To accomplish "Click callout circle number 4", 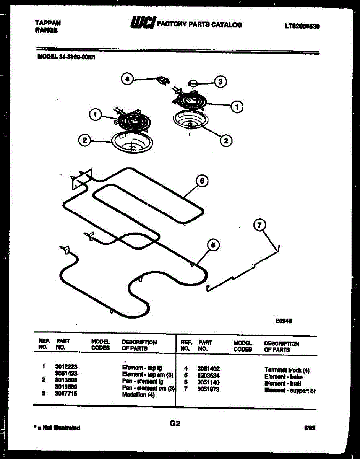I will (128, 79).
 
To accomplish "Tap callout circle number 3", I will (220, 81).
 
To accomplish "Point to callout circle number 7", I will (260, 226).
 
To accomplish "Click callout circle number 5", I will (213, 245).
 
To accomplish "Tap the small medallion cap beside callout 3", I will (193, 83).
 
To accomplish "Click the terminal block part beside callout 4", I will (163, 81).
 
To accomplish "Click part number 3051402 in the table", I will (209, 369).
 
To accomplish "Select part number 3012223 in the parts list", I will (66, 366).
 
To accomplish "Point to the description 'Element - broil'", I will (282, 384).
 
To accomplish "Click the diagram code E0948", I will (283, 322).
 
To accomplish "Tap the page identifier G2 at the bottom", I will (175, 423).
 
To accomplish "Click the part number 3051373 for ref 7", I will (209, 390).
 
